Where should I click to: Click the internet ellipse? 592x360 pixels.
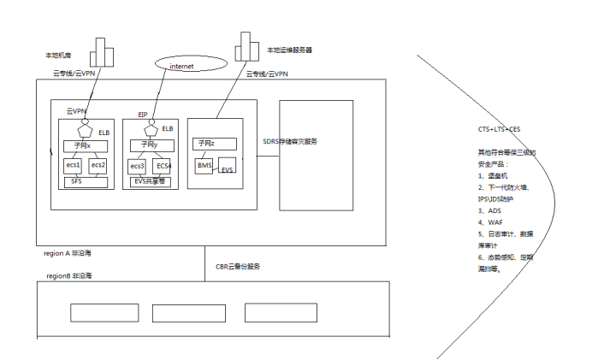[x=191, y=65]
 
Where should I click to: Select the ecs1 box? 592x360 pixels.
[x=74, y=165]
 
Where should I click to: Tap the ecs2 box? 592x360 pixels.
[x=98, y=165]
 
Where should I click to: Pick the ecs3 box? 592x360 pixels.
[x=138, y=165]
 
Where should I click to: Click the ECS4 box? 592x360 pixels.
[x=163, y=165]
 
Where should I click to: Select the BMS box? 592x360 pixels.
[x=204, y=165]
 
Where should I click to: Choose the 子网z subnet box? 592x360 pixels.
[x=205, y=144]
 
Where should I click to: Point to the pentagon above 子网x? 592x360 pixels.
[x=85, y=131]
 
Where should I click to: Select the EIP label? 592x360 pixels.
[x=144, y=114]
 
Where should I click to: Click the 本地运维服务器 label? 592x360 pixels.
[x=290, y=50]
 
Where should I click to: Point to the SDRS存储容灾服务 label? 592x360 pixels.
[x=290, y=141]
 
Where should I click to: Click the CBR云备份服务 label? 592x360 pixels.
[x=238, y=267]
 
